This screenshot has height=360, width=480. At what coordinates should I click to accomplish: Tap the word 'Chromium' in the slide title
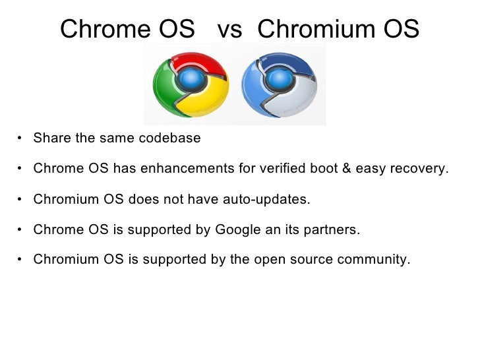(x=318, y=29)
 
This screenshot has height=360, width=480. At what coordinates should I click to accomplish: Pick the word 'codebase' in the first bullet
(x=170, y=138)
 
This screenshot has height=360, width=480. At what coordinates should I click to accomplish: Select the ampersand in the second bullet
(x=345, y=168)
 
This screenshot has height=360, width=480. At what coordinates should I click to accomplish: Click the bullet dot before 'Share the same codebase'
(x=21, y=138)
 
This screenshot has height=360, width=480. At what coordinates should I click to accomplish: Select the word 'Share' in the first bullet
(x=49, y=138)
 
